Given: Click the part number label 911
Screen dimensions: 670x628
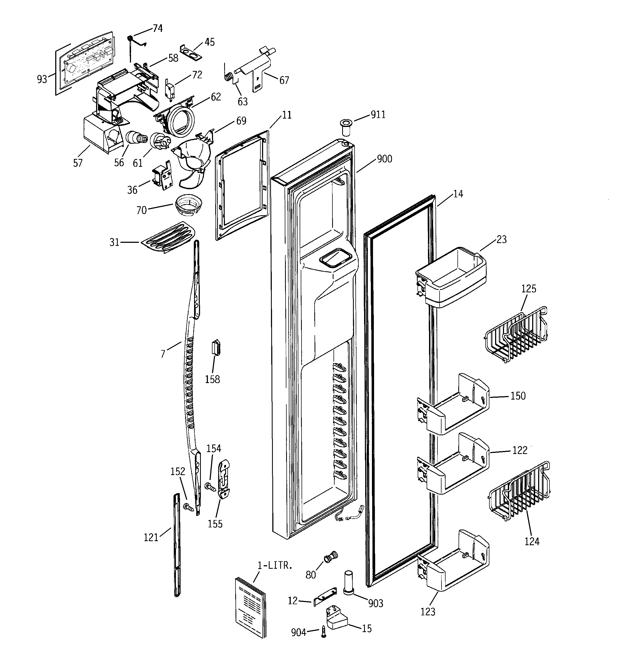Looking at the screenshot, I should click(x=378, y=115).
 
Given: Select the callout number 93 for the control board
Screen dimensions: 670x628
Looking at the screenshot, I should click(x=42, y=80).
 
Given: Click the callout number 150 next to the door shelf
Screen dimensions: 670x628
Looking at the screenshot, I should click(x=518, y=396).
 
